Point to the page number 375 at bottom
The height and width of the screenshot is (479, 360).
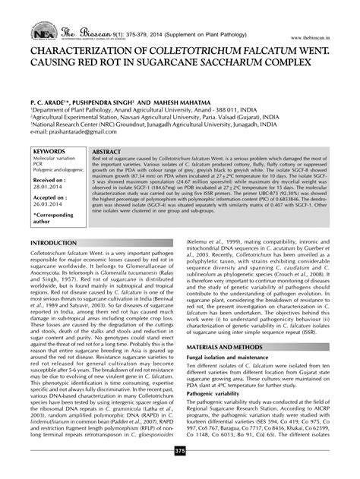coord(180,472)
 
